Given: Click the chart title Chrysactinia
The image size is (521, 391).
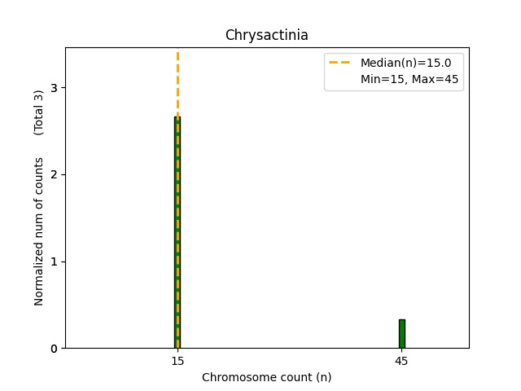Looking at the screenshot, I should (266, 35).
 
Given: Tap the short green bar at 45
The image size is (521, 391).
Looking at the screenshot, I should (401, 334).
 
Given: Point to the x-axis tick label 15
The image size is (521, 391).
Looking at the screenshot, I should (177, 361).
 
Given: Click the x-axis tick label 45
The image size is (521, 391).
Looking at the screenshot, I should (401, 361).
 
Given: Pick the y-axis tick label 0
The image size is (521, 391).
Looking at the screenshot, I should (54, 349).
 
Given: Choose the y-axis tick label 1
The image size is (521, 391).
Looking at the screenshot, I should (54, 261).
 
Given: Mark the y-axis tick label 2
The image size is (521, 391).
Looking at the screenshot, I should (54, 174).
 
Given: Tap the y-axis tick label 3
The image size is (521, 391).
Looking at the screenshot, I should (54, 87).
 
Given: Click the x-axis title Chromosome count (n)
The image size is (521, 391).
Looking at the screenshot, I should (266, 377).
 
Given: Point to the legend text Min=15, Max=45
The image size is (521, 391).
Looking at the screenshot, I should (411, 79).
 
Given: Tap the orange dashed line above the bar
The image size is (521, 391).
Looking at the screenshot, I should (177, 81).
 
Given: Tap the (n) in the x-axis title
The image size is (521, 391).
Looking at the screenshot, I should (323, 377).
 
